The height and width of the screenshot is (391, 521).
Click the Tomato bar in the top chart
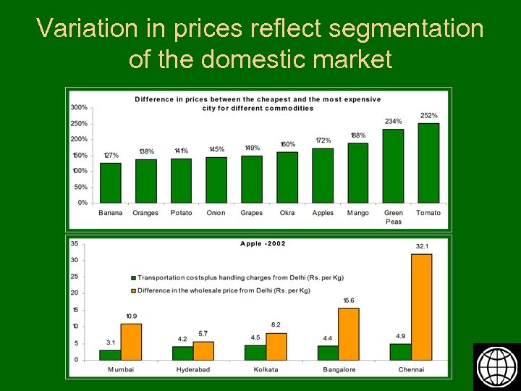[x=428, y=163]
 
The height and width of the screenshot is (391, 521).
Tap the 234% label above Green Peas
[x=394, y=122]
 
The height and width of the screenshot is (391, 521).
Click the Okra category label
[x=287, y=213]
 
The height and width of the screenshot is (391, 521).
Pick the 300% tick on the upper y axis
[x=79, y=107]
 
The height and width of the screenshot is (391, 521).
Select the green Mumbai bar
[x=110, y=355]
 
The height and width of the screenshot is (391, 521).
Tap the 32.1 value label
[x=422, y=247]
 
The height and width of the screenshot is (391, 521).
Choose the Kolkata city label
[x=266, y=370]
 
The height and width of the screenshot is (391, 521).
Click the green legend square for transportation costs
[x=133, y=277]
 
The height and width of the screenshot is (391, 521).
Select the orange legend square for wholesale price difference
[x=133, y=290]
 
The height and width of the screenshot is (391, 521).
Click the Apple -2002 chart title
[x=263, y=243]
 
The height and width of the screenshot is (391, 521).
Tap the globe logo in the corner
[x=496, y=366]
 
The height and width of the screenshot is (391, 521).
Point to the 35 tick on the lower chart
[x=75, y=243]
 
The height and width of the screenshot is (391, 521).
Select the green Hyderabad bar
[x=182, y=353]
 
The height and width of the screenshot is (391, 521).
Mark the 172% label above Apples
[x=323, y=140]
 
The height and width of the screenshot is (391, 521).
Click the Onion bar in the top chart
[x=216, y=180]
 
